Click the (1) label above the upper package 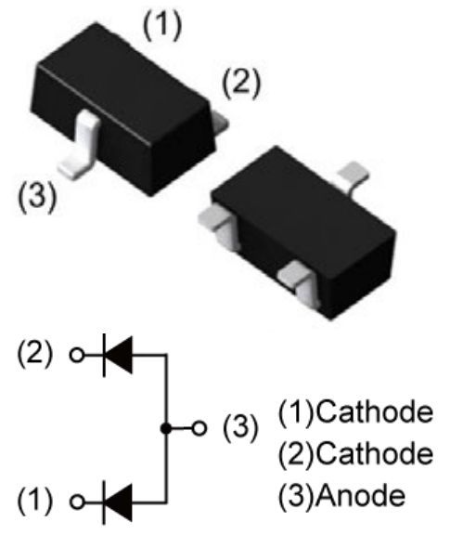pyautogui.click(x=162, y=26)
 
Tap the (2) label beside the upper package pyautogui.click(x=241, y=84)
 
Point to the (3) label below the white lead pyautogui.click(x=37, y=197)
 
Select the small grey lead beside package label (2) pyautogui.click(x=219, y=123)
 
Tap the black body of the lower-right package pyautogui.click(x=303, y=232)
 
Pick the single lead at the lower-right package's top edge pyautogui.click(x=354, y=176)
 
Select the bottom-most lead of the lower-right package pyautogui.click(x=298, y=283)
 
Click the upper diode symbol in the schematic pyautogui.click(x=117, y=355)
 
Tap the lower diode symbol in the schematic pyautogui.click(x=117, y=502)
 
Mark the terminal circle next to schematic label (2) pyautogui.click(x=77, y=355)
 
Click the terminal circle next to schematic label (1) pyautogui.click(x=77, y=502)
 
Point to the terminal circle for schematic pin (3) pyautogui.click(x=199, y=428)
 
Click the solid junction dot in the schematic pyautogui.click(x=166, y=428)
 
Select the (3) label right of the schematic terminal pyautogui.click(x=240, y=427)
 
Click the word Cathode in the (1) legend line pyautogui.click(x=374, y=411)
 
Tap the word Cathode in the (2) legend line pyautogui.click(x=374, y=453)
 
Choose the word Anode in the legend pyautogui.click(x=361, y=495)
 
